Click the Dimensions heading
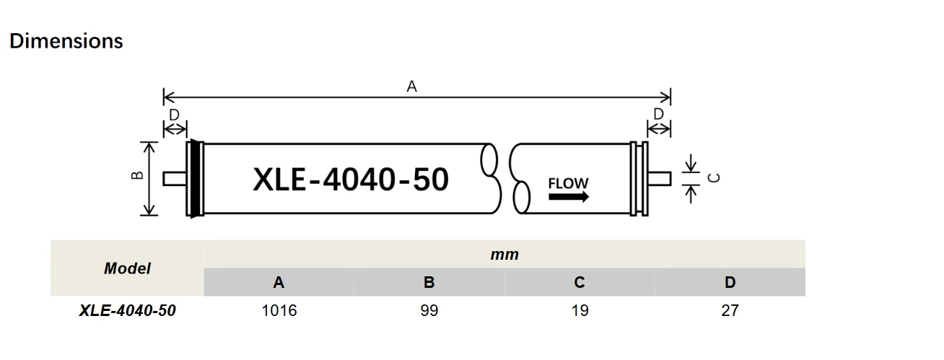tap(66, 41)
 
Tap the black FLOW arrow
tap(568, 197)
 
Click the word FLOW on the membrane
tap(568, 183)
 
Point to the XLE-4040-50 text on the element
tap(351, 180)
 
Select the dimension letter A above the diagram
tap(412, 87)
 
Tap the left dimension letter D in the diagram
tap(174, 115)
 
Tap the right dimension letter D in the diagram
tap(658, 114)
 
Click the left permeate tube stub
tap(174, 178)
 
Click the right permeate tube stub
tap(660, 178)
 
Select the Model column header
tap(127, 268)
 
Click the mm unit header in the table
tap(504, 254)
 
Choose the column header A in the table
tap(279, 283)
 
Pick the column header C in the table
tap(580, 283)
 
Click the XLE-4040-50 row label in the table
tap(127, 311)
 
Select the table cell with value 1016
tap(279, 311)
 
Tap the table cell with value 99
tap(429, 311)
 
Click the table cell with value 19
tap(580, 311)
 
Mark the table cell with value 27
tap(730, 311)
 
